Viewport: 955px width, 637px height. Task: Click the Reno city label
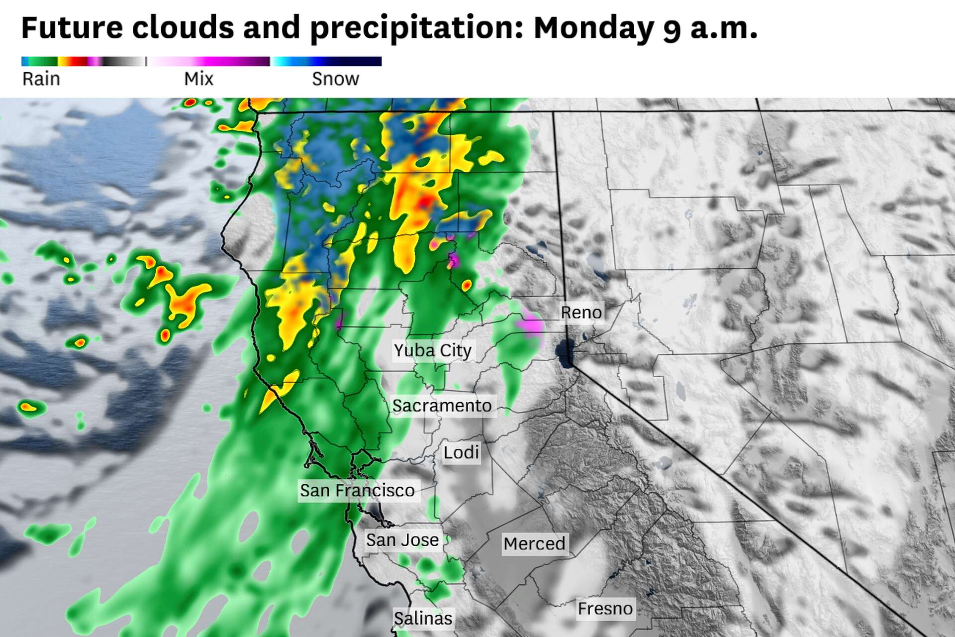(581, 313)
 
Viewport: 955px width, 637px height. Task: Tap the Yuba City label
(432, 351)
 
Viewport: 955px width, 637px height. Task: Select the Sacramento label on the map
(442, 406)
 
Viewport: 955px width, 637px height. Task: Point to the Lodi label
(461, 453)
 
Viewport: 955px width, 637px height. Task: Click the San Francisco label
(357, 491)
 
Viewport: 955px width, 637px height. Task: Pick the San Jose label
(402, 540)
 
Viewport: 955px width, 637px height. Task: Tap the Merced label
(534, 543)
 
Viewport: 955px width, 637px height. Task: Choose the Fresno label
(605, 609)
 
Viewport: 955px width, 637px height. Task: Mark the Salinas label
(423, 619)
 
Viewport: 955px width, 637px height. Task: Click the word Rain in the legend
(41, 79)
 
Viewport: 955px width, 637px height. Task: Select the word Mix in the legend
(198, 79)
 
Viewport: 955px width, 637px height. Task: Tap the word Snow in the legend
(335, 79)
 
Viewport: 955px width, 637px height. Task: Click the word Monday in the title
(593, 28)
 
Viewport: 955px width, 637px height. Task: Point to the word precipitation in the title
(417, 28)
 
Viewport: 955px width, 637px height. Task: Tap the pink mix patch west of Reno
(530, 324)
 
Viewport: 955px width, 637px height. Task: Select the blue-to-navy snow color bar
(326, 61)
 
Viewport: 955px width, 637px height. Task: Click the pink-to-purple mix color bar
(209, 61)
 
